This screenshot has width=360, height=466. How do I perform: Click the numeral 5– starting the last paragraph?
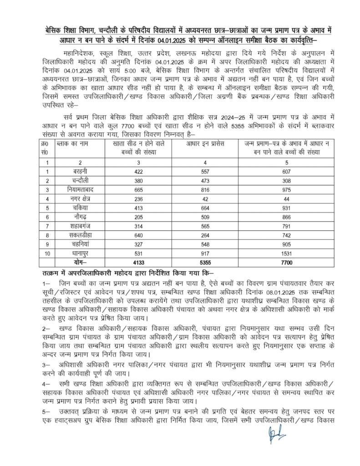[45, 411]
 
